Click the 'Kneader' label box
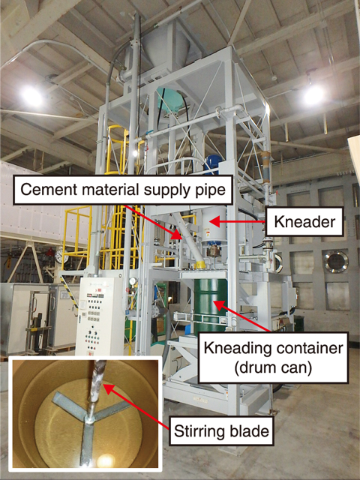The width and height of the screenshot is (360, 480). (x=304, y=222)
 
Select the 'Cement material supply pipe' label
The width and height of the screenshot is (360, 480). (x=123, y=190)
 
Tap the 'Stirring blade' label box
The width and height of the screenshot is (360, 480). (x=221, y=431)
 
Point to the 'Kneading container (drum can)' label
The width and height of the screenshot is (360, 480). (x=273, y=358)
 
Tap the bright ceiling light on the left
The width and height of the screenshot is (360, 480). (x=31, y=96)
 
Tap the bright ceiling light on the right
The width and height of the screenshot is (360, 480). (x=314, y=95)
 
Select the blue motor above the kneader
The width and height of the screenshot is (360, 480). (x=212, y=163)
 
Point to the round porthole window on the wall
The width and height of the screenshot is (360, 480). (x=337, y=262)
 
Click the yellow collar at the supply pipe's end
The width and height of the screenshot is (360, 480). (x=200, y=265)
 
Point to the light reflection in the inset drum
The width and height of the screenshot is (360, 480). (x=105, y=460)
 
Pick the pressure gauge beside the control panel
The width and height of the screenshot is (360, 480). (x=133, y=281)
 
